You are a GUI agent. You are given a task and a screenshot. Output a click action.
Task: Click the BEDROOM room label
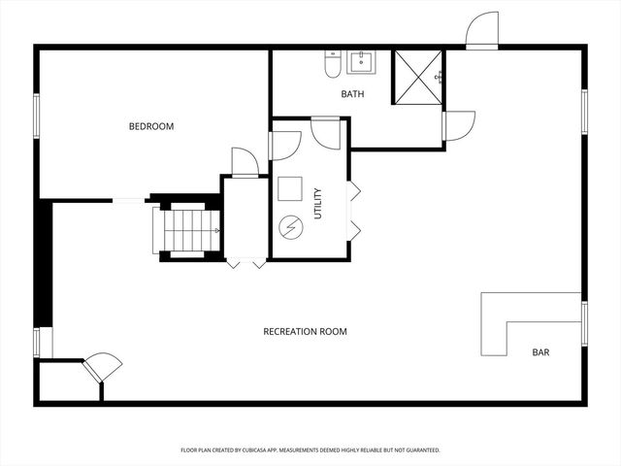pos(151,126)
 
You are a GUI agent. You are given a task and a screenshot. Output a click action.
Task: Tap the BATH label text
pos(352,94)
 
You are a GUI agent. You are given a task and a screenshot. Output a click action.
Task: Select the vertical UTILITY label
pos(317,203)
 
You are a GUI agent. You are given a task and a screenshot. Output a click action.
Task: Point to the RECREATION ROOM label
pos(305,332)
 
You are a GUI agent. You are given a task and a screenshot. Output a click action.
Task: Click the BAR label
pos(540,352)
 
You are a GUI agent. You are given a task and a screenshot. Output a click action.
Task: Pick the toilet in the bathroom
pos(332,64)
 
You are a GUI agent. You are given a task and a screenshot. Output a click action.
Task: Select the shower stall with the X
pos(417,76)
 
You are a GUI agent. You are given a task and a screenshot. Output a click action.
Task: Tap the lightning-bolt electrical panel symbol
pos(291,227)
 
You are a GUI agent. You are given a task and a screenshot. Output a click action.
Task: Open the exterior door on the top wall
pos(481,32)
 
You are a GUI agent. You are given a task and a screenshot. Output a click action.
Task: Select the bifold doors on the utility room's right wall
pos(354,209)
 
